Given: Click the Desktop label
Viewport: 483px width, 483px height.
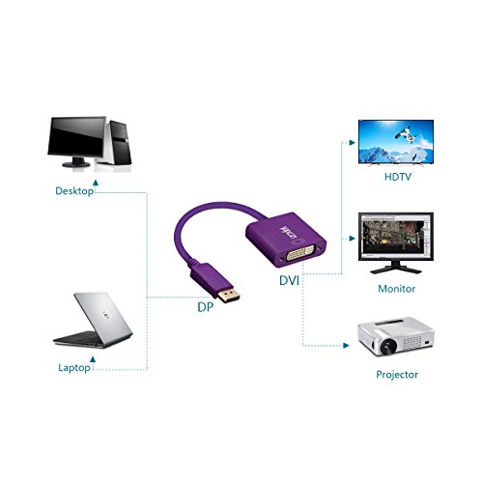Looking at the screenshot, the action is point(74,191).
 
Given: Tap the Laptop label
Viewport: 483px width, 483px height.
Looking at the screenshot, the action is point(74,368).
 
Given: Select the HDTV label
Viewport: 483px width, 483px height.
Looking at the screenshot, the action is point(398,177).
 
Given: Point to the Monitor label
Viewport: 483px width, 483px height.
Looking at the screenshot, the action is point(396,289).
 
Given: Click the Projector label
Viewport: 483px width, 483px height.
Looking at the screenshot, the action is point(397,375).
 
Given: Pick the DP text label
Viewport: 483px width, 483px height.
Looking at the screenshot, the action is point(205,307).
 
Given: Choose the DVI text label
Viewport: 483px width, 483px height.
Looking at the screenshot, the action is point(289,281).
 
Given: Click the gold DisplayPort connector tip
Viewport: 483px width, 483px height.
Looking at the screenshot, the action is point(229,296).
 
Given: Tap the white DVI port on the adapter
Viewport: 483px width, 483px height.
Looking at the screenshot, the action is point(300,252).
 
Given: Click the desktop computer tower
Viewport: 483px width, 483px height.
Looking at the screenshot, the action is point(119,143).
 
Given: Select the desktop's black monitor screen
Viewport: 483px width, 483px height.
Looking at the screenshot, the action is point(76,136).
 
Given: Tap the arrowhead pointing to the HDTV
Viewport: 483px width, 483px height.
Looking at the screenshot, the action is point(353,143).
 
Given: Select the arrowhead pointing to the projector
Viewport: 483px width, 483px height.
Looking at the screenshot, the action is point(346,346).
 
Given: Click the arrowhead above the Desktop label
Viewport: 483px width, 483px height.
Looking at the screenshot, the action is point(96,183).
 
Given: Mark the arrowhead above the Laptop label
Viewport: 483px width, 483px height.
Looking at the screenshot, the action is point(93,359).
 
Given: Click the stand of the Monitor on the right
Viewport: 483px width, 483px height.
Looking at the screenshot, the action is point(396,268).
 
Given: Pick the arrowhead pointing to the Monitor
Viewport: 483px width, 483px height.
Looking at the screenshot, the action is point(353,239).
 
